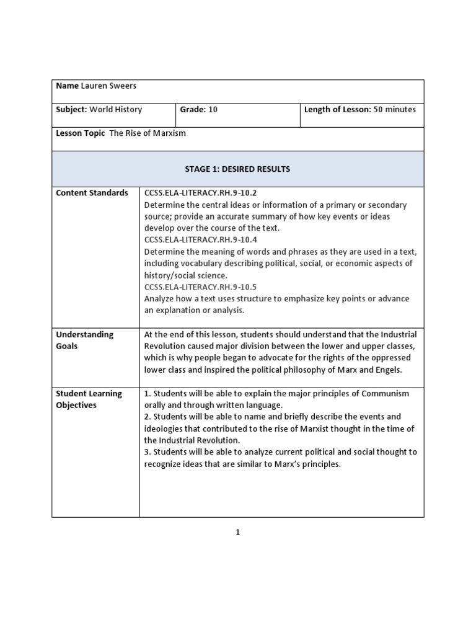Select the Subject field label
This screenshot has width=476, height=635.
72,110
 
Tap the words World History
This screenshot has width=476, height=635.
116,110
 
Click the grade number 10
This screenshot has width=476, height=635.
213,110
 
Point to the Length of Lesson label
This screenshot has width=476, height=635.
337,110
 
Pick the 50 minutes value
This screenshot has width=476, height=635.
395,110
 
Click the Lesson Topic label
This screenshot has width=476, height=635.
81,133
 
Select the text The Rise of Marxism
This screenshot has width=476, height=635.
148,133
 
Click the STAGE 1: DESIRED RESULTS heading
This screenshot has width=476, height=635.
237,169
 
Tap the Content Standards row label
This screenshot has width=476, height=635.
92,193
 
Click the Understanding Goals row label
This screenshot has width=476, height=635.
84,340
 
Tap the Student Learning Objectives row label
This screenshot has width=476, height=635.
89,399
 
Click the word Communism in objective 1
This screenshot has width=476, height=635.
386,394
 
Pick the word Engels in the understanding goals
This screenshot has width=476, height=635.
388,370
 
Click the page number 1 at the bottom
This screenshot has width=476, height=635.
237,532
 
